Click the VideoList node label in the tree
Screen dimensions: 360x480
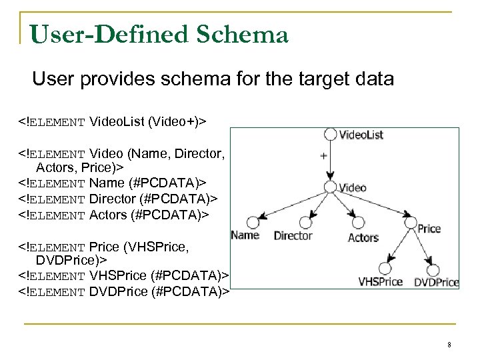coord(361,135)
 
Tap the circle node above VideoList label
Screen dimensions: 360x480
coord(329,134)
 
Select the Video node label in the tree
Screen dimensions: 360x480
coord(353,187)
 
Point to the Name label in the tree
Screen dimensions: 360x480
coord(245,235)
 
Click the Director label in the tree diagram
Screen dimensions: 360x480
coord(293,235)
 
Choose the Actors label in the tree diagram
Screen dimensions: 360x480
coord(363,237)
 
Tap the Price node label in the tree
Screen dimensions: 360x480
coord(429,229)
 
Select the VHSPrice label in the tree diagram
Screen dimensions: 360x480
coord(381,281)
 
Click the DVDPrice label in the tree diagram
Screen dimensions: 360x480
coord(437,282)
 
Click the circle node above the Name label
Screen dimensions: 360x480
coord(252,221)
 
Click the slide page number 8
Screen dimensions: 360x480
coord(449,345)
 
